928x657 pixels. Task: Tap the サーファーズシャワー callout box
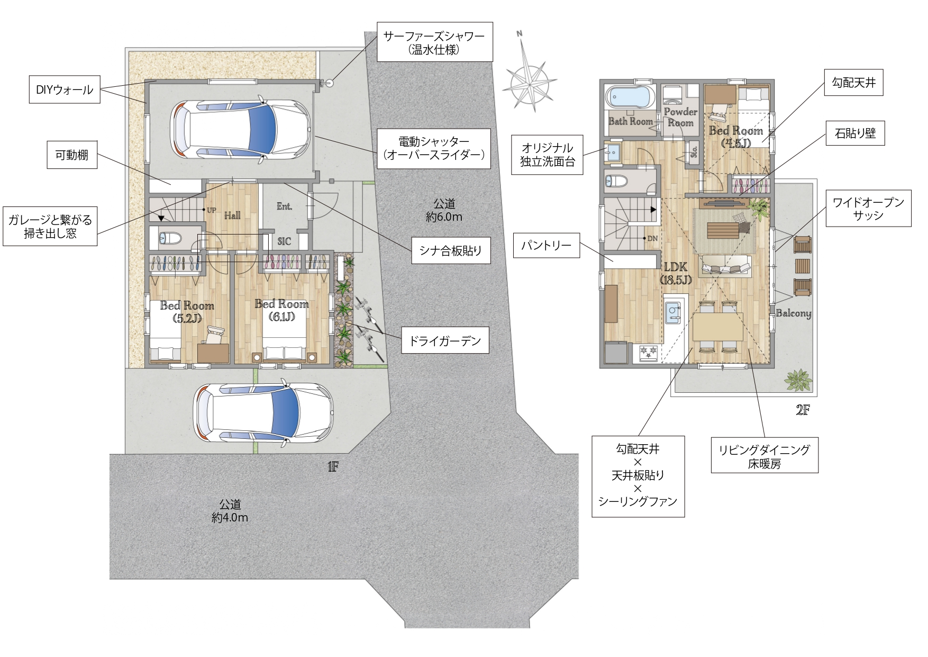coord(434,42)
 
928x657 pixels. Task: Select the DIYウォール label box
coord(65,89)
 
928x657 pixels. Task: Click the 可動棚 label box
coord(72,155)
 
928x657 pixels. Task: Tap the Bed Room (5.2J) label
coord(187,311)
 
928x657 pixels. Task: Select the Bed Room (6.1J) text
coord(281,310)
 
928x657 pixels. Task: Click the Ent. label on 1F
coord(285,206)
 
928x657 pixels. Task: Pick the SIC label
coord(285,241)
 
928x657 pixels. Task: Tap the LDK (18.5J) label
coord(676,273)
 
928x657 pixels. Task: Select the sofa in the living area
coord(725,266)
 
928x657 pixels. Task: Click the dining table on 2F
coord(718,326)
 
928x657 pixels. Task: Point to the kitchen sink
coord(674,312)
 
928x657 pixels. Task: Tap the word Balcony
coord(794,313)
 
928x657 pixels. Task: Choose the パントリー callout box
coord(547,245)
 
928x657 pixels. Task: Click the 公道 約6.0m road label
coord(444,210)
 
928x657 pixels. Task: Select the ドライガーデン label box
coord(445,340)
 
